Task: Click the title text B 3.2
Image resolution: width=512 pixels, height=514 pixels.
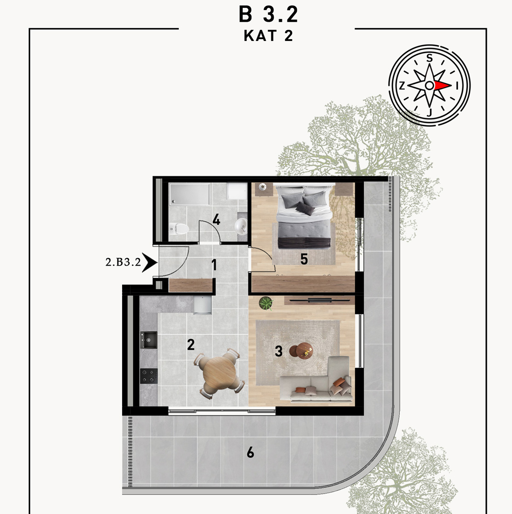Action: [268, 14]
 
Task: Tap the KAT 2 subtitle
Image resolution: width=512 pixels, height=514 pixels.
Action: [268, 36]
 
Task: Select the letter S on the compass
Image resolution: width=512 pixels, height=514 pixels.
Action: [429, 58]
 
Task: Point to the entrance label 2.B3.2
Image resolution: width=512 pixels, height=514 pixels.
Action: [123, 262]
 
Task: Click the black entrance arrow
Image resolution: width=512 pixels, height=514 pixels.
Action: [150, 262]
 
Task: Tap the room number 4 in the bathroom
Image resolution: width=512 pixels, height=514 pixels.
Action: [216, 219]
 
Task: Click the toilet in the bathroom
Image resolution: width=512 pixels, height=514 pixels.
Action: [179, 228]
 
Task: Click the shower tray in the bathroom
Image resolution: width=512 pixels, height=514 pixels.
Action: [189, 194]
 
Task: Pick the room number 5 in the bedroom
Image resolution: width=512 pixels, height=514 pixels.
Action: [304, 259]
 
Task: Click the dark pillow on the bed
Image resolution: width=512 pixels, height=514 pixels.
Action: [305, 208]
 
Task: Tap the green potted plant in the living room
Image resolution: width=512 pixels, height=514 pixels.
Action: [266, 303]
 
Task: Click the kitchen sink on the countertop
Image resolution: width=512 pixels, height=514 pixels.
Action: [149, 340]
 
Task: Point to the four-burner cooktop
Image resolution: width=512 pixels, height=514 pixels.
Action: [149, 376]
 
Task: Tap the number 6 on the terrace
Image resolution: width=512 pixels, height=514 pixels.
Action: [250, 453]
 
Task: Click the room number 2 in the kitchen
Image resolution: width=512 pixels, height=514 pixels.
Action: [191, 345]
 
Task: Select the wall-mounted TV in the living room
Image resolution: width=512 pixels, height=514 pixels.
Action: [320, 300]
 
